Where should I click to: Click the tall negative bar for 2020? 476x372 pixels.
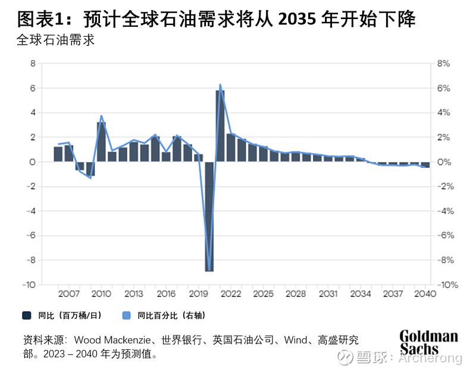(x=209, y=217)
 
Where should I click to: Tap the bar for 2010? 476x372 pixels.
(x=101, y=142)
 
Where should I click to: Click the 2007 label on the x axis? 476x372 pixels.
(x=69, y=294)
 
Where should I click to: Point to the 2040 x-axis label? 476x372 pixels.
(x=425, y=294)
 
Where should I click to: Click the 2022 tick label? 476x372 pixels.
(x=231, y=294)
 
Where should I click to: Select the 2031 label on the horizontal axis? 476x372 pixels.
(x=328, y=294)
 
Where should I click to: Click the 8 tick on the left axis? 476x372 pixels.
(x=33, y=64)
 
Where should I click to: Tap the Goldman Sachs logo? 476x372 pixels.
(x=428, y=342)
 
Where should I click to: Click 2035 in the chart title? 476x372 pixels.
(x=299, y=20)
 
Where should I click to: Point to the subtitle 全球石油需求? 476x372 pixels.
(x=56, y=41)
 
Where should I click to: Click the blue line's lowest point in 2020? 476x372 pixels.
(x=209, y=270)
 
